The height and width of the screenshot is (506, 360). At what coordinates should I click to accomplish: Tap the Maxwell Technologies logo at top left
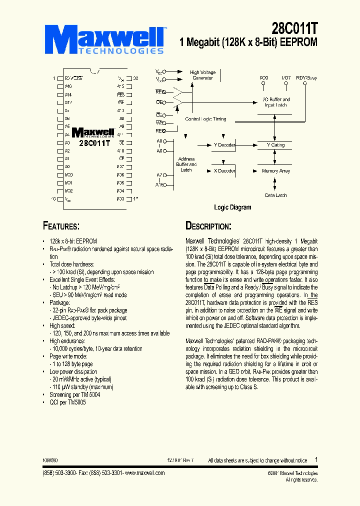[108, 39]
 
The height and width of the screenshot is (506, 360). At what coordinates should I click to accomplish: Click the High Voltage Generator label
[202, 75]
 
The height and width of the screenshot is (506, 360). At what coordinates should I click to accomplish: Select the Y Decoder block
[223, 145]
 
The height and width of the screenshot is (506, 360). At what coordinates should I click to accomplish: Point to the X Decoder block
[224, 170]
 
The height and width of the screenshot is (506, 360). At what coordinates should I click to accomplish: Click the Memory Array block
[275, 171]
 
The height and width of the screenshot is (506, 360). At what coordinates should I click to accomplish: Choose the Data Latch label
[275, 195]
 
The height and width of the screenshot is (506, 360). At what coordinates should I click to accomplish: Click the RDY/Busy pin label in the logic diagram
[306, 78]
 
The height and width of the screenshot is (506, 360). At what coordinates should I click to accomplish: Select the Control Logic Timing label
[205, 119]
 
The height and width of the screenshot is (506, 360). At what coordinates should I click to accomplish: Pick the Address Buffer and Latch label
[186, 164]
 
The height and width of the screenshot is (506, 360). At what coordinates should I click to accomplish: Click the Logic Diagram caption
[232, 207]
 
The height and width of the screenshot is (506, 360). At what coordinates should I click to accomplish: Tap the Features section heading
[61, 225]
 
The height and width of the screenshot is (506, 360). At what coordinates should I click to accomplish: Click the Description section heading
[208, 225]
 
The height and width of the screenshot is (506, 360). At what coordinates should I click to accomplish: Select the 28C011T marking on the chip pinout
[94, 142]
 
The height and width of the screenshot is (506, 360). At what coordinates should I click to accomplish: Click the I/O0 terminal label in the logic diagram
[263, 78]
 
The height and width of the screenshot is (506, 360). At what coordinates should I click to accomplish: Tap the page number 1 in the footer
[316, 459]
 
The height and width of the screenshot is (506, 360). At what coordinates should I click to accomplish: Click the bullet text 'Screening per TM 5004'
[75, 394]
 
